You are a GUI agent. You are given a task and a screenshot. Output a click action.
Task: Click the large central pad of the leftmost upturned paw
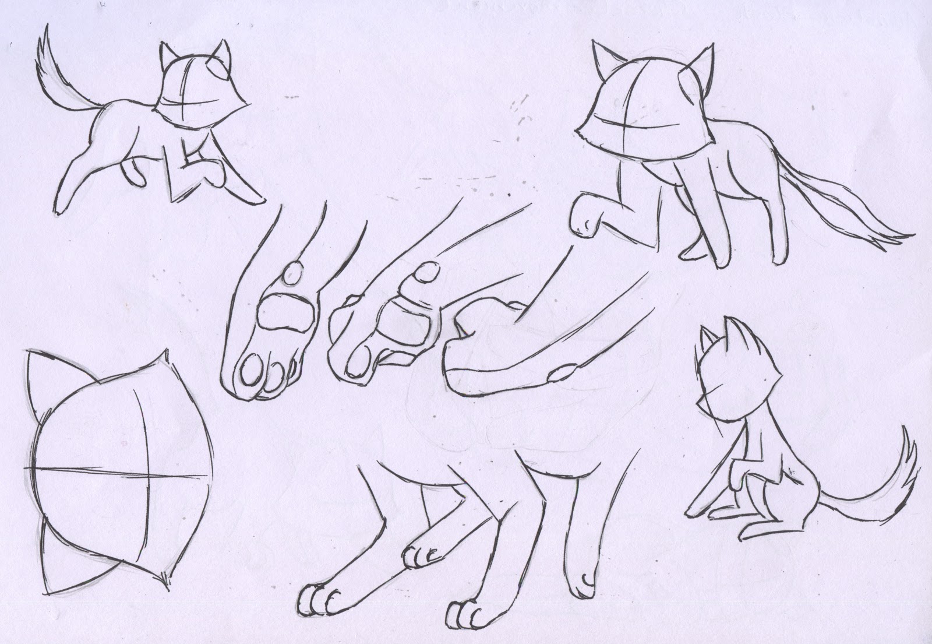click(x=281, y=312)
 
